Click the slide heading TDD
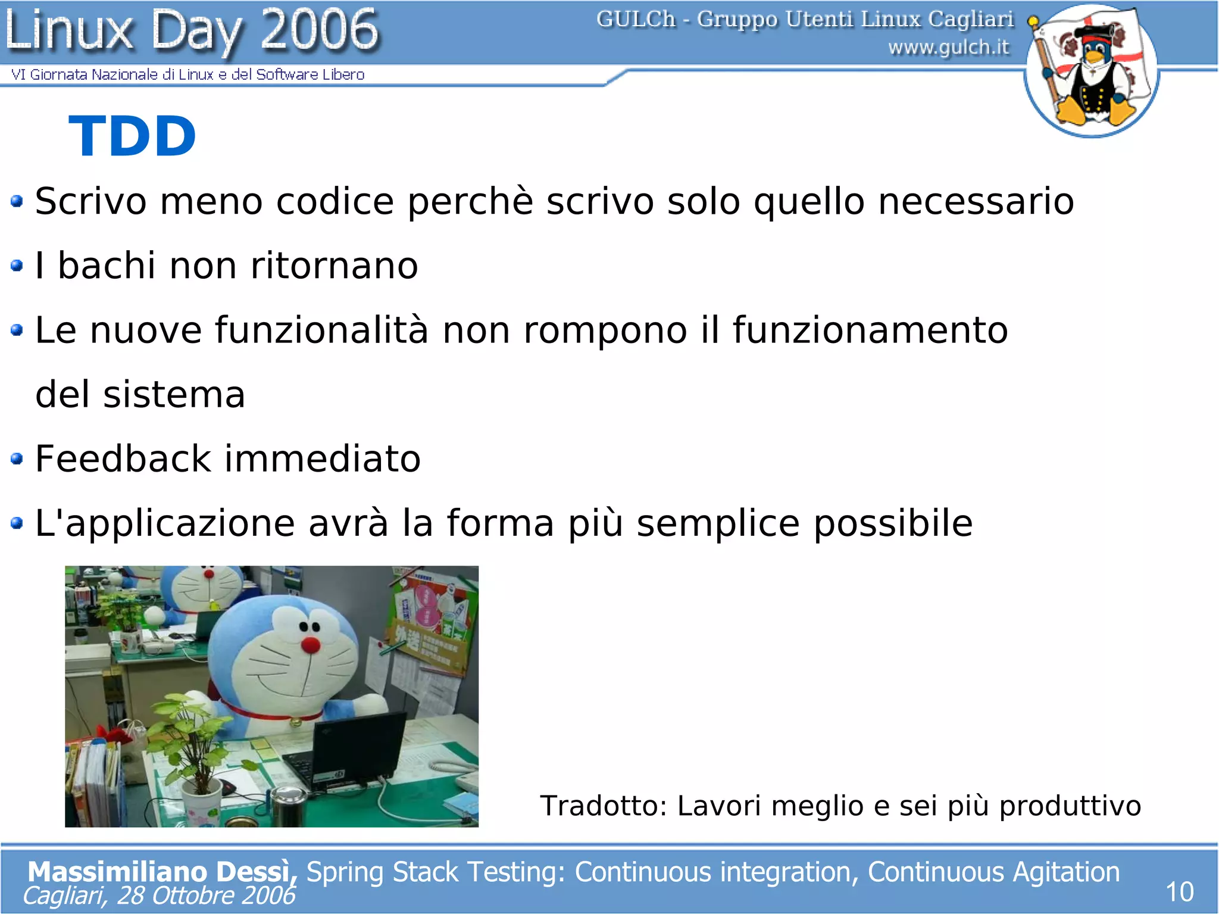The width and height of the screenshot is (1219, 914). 132,136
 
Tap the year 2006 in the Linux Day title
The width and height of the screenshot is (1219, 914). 319,29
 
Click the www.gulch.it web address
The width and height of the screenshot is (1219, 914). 949,47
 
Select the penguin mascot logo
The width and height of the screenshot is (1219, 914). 1091,70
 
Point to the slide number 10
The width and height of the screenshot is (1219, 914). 1179,892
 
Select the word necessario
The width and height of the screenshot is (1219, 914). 976,201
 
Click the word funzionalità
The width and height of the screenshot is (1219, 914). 321,330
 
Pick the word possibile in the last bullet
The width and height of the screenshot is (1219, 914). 893,523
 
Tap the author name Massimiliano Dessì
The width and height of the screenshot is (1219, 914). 161,871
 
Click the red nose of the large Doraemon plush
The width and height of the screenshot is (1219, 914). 310,644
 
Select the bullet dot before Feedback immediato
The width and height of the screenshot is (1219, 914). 17,458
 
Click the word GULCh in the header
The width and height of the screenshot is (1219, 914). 636,19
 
